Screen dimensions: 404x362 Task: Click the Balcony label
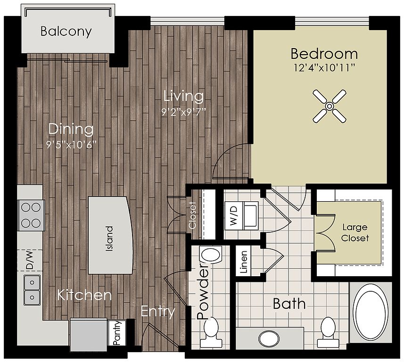click(x=66, y=32)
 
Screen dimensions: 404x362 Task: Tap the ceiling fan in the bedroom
click(x=329, y=106)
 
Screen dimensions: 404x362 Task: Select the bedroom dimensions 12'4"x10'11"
click(x=324, y=68)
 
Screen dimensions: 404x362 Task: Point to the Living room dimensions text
click(x=184, y=112)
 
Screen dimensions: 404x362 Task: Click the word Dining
click(x=71, y=129)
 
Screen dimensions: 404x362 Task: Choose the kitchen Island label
click(x=109, y=239)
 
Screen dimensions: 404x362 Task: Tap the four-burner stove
click(x=31, y=215)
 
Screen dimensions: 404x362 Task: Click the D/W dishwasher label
click(x=29, y=260)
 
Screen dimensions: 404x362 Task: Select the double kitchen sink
click(x=32, y=290)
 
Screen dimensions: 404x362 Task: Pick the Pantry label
click(x=117, y=333)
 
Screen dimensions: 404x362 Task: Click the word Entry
click(x=158, y=312)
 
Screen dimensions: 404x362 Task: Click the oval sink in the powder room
click(x=211, y=255)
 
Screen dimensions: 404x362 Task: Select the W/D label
click(x=234, y=216)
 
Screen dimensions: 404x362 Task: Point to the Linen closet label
click(x=243, y=262)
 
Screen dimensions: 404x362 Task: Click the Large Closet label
click(x=355, y=233)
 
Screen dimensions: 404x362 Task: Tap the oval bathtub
click(x=370, y=313)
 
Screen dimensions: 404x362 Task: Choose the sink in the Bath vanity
click(x=269, y=338)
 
